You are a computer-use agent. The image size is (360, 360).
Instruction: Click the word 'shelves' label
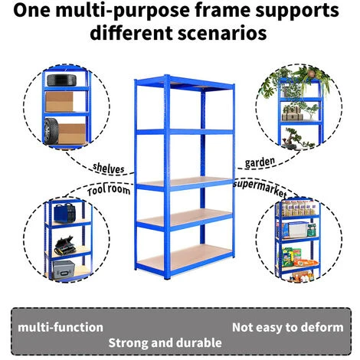pos(109,168)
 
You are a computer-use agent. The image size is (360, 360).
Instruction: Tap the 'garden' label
pos(260,162)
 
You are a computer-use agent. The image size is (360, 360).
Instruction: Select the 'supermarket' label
pos(260,188)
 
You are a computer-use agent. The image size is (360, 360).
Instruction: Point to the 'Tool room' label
pos(109,190)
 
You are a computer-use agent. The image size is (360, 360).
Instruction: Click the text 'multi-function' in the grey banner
pos(61,327)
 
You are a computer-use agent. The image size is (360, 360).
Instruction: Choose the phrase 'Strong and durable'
pos(165,343)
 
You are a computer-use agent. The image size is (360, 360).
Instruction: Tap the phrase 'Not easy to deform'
pos(288,327)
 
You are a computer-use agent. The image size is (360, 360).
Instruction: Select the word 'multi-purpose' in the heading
pos(123,11)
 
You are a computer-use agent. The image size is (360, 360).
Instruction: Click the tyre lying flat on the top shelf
pos(61,80)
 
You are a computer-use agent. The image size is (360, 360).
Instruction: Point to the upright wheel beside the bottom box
pos(51,131)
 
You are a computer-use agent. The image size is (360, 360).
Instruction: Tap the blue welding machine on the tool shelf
pos(64,213)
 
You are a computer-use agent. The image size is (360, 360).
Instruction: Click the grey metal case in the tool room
pos(64,270)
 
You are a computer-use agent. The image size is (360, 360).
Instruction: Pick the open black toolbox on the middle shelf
pos(65,246)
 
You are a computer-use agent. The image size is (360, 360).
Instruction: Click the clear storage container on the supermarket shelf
pos(297,230)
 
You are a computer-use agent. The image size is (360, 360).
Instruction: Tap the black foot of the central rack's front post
pos(167,277)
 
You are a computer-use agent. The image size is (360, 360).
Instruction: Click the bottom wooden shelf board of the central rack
pos(185,257)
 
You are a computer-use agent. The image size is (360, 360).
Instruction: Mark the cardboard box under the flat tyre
pos(59,102)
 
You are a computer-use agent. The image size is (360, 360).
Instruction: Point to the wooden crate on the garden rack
pos(293,114)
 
